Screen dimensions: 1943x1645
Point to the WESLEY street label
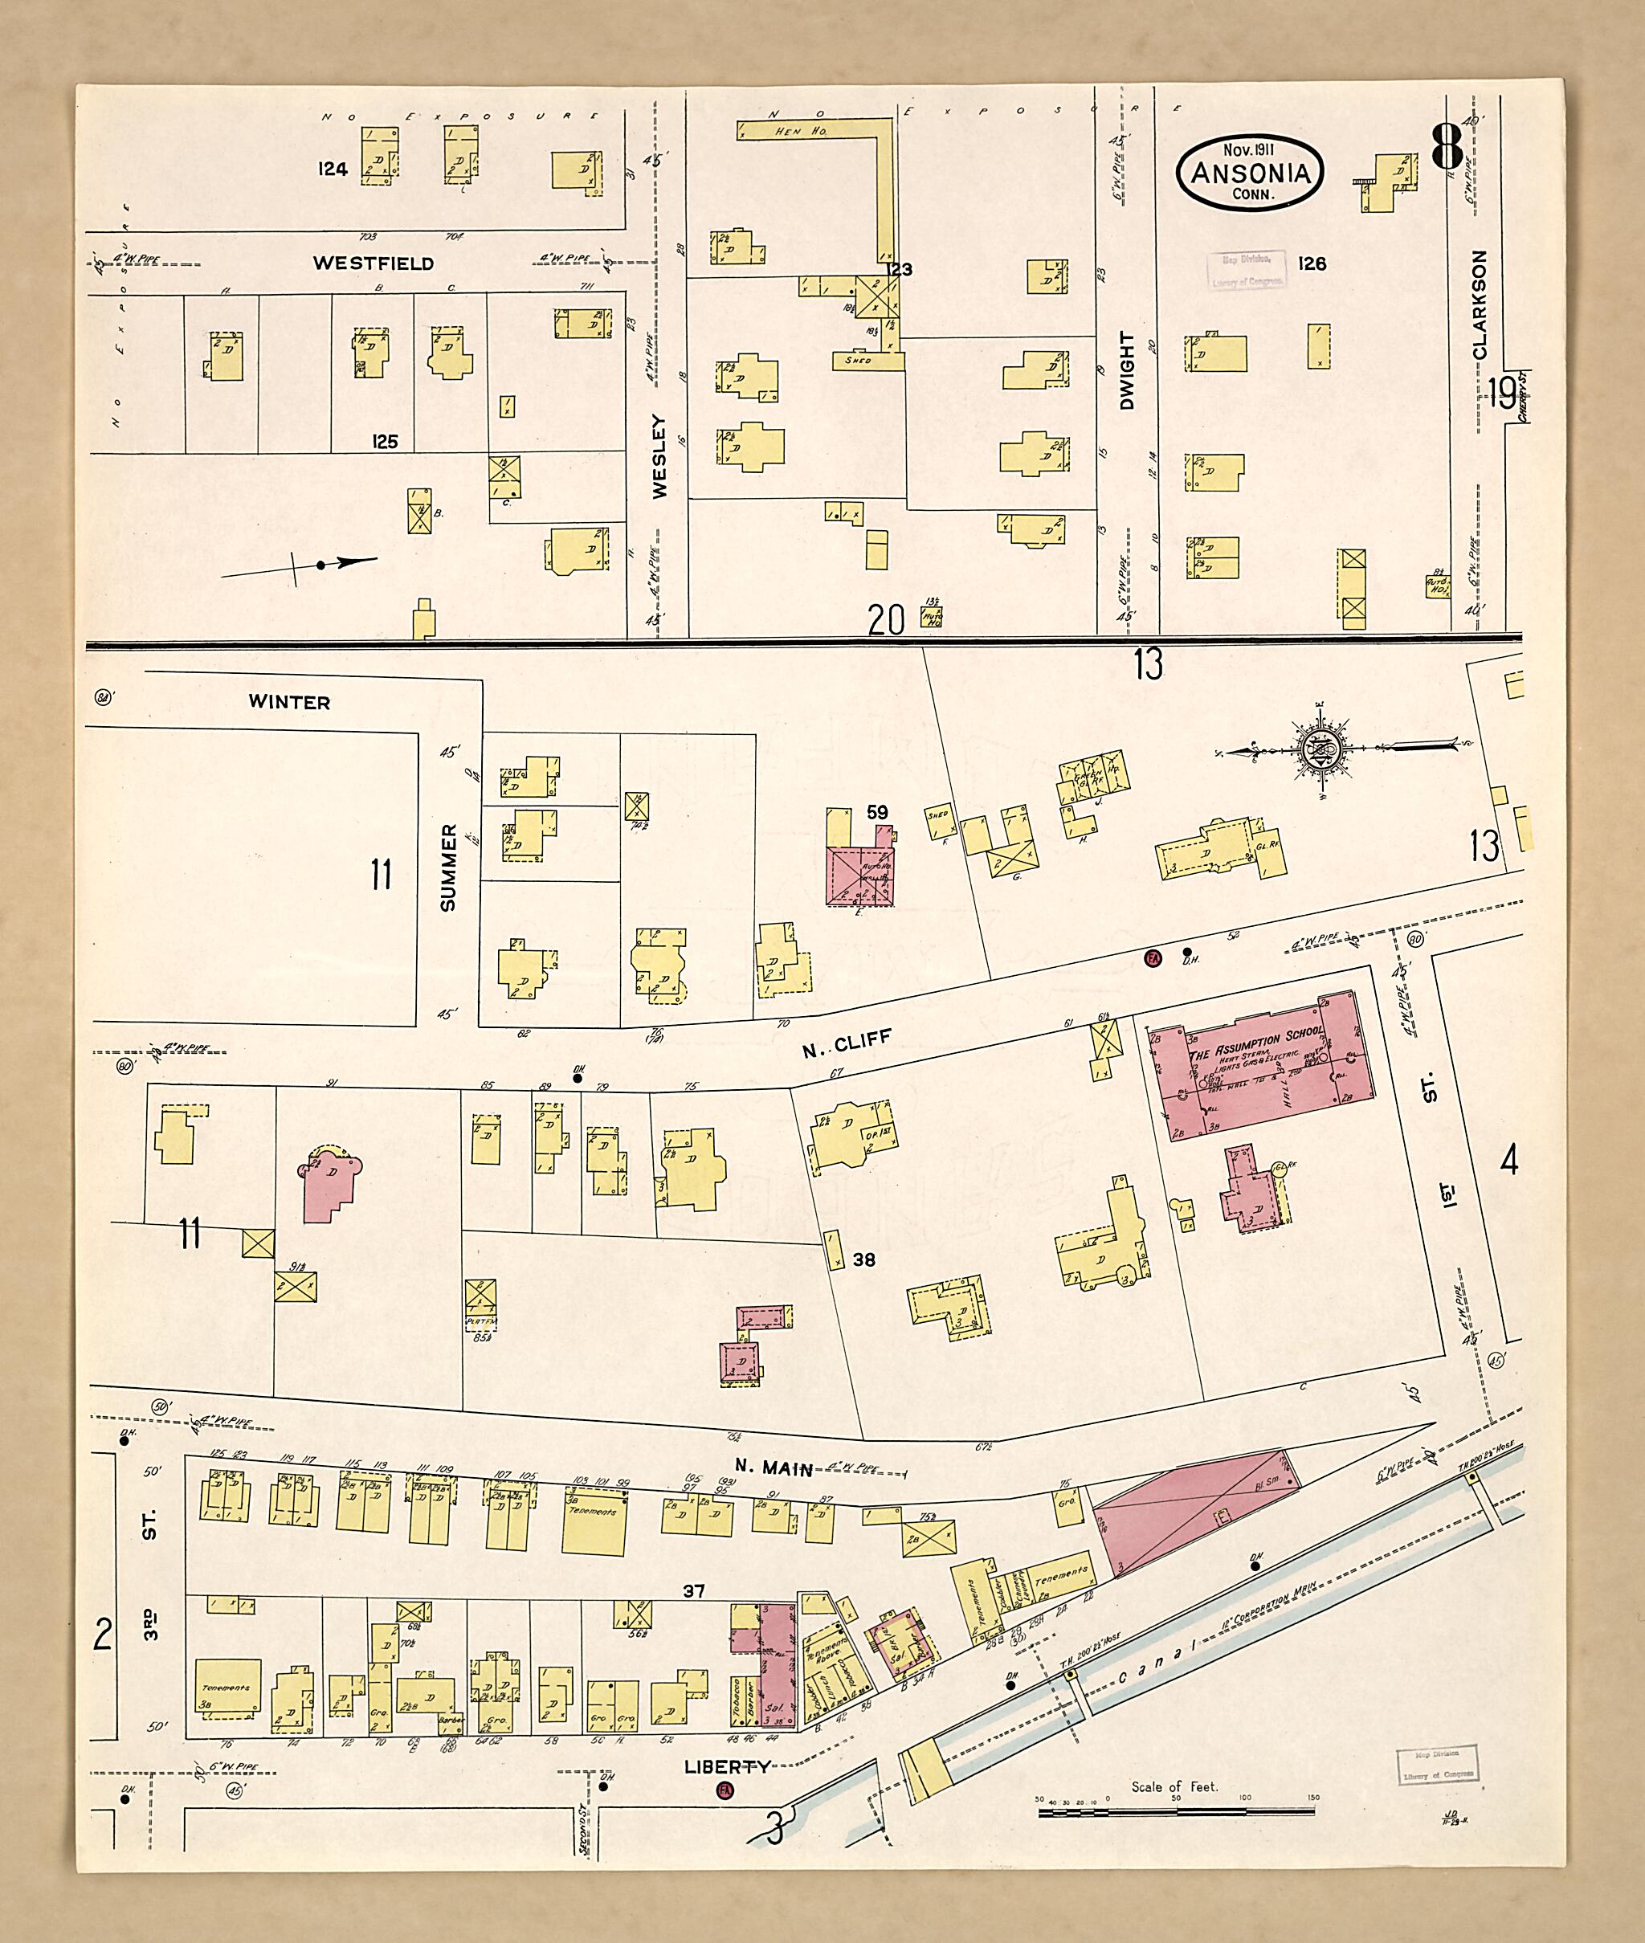click(x=659, y=456)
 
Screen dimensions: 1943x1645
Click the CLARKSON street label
click(x=1480, y=304)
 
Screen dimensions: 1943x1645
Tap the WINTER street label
click(x=289, y=702)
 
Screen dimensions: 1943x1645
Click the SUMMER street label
click(x=448, y=867)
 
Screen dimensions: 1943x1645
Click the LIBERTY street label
click(x=728, y=1767)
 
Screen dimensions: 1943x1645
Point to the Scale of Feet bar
click(x=1176, y=1812)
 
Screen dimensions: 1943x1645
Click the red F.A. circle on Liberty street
click(x=723, y=1789)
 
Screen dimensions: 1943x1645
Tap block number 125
click(x=384, y=441)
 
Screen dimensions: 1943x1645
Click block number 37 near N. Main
click(x=693, y=1590)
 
